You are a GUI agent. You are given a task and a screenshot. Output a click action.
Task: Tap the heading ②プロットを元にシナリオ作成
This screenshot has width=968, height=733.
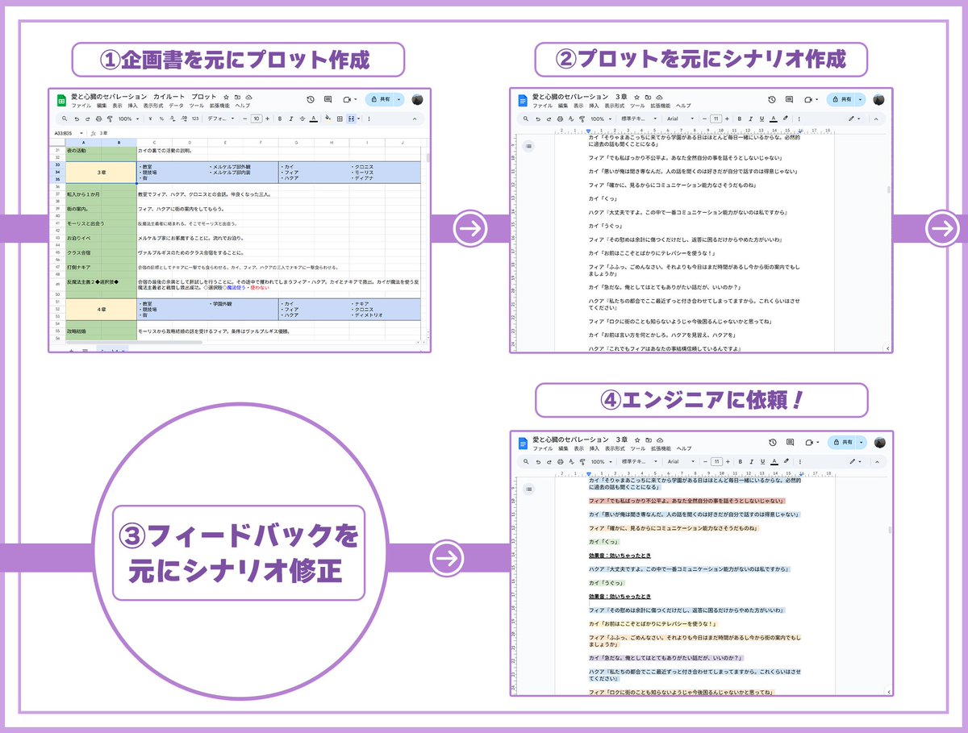click(x=701, y=60)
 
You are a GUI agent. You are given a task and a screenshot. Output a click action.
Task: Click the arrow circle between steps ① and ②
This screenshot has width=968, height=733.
click(x=469, y=230)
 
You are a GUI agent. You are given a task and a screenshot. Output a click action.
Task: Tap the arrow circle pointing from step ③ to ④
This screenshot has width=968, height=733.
click(x=446, y=557)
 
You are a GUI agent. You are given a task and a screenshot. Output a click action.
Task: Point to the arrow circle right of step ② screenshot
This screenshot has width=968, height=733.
click(x=940, y=230)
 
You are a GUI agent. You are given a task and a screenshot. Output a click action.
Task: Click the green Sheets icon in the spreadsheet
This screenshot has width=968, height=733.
click(x=60, y=100)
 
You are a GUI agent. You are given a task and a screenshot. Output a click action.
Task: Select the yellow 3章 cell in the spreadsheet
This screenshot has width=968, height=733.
click(x=101, y=173)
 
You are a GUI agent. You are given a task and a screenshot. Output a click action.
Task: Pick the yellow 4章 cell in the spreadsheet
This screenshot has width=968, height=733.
click(x=101, y=309)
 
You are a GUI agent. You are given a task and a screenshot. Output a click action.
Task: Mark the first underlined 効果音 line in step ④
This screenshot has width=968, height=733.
click(x=620, y=556)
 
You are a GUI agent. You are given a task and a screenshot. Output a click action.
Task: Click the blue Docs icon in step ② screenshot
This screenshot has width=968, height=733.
click(x=522, y=100)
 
